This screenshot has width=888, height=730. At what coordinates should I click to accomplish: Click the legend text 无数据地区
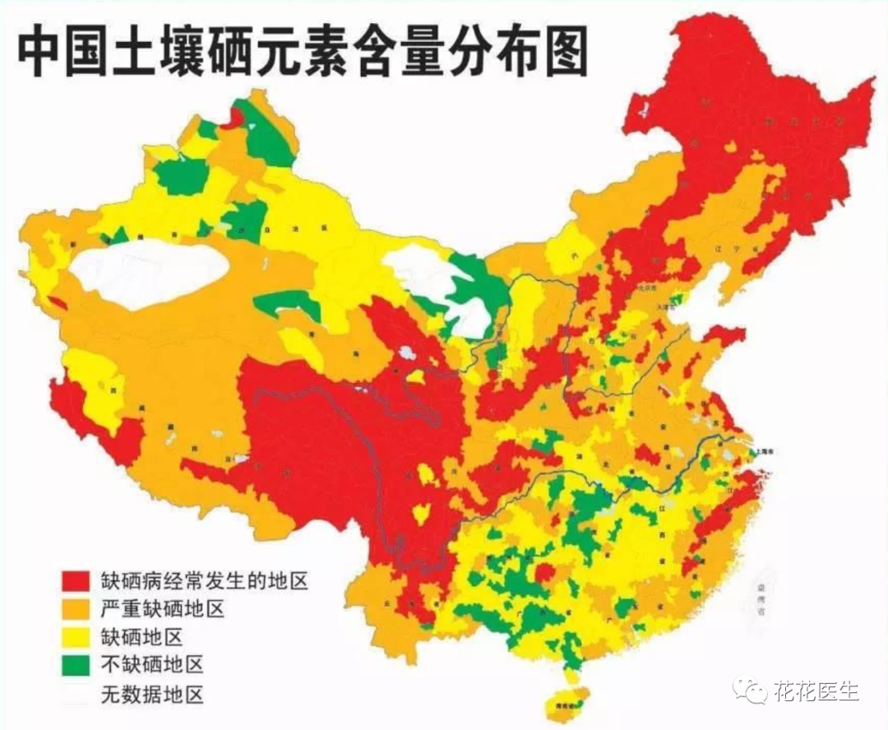point(151,694)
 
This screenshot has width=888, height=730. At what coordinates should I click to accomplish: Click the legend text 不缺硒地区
point(151,665)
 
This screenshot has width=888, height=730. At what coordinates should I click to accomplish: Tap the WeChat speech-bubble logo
point(751,690)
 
